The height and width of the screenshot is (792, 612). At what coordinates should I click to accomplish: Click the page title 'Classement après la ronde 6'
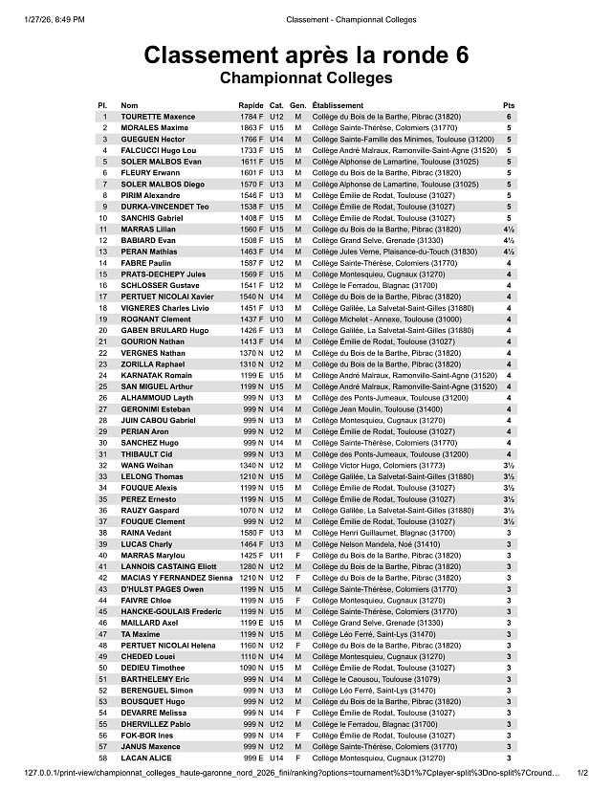click(306, 55)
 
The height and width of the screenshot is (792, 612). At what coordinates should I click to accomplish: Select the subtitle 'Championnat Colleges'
click(306, 77)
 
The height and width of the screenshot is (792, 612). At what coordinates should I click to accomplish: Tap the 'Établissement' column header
click(339, 105)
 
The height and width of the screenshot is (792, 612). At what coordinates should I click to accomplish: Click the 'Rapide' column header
click(251, 105)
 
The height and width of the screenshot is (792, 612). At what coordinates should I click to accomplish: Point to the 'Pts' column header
click(509, 105)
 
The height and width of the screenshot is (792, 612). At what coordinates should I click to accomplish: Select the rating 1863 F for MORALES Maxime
click(251, 127)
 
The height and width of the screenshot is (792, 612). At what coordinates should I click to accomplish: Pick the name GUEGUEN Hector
click(153, 139)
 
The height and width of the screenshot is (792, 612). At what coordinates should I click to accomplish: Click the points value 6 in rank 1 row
click(509, 117)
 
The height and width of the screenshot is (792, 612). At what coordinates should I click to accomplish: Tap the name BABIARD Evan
click(148, 240)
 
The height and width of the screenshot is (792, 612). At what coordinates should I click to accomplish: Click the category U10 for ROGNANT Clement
click(276, 319)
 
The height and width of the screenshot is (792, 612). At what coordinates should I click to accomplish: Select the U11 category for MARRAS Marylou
click(276, 555)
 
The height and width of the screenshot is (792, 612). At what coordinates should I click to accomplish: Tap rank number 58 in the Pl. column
click(102, 758)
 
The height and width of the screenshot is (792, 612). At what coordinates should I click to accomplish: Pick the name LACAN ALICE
click(146, 758)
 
